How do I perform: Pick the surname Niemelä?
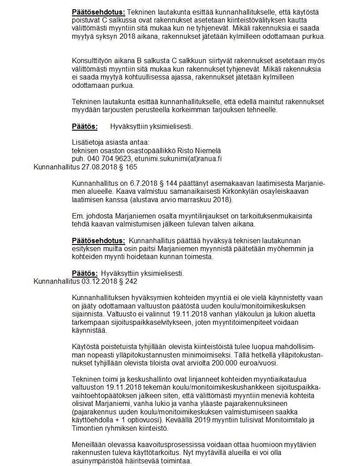pyautogui.click(x=208, y=150)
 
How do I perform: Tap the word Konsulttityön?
pyautogui.click(x=93, y=61)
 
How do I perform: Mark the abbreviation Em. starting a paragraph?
pyautogui.click(x=77, y=217)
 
